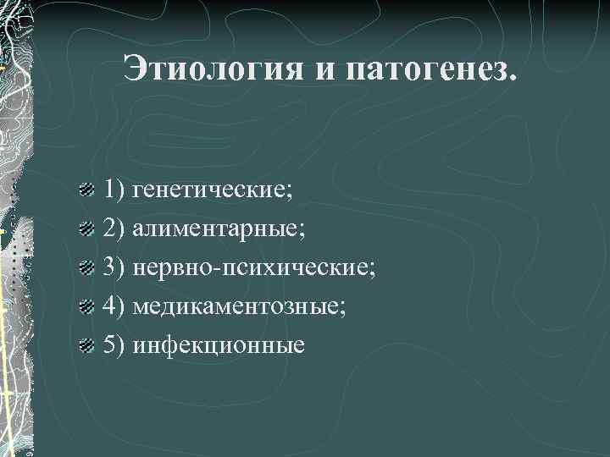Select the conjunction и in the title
[327, 69]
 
